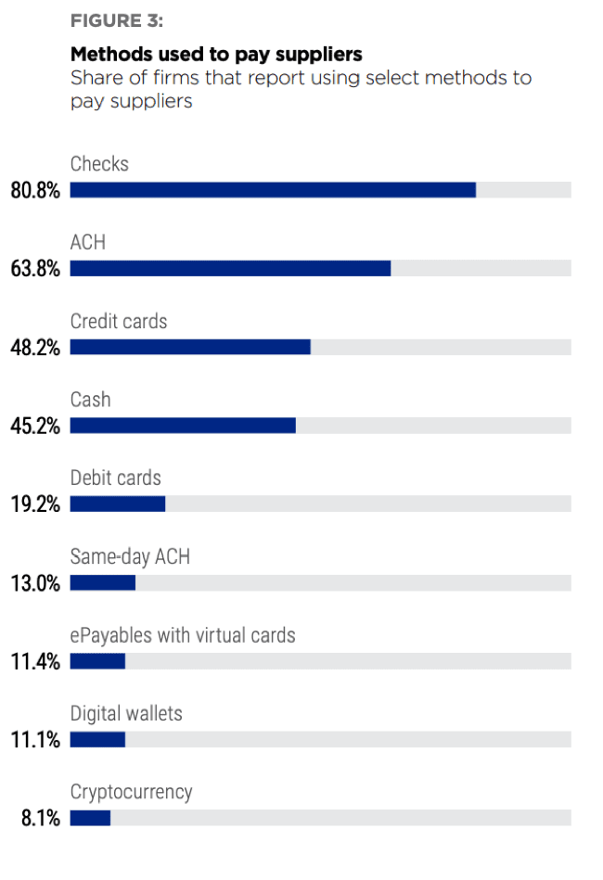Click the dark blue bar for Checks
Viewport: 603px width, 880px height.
pyautogui.click(x=273, y=190)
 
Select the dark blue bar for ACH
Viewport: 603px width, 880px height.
pyautogui.click(x=230, y=269)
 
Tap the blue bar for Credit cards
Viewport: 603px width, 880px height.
pyautogui.click(x=190, y=347)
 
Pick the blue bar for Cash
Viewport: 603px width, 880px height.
pyautogui.click(x=183, y=426)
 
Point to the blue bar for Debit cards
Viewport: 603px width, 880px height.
pyautogui.click(x=118, y=504)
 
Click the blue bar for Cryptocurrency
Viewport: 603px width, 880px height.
pyautogui.click(x=90, y=818)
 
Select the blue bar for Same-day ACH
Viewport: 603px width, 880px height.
pyautogui.click(x=103, y=583)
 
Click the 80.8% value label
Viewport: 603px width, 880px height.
pyautogui.click(x=35, y=191)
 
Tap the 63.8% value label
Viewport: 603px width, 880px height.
pyautogui.click(x=35, y=270)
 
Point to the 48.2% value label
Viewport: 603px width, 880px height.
pyautogui.click(x=35, y=348)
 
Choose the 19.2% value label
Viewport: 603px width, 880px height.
pyautogui.click(x=35, y=505)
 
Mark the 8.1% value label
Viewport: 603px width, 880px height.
pyautogui.click(x=40, y=819)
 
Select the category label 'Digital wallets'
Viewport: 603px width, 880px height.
pyautogui.click(x=126, y=713)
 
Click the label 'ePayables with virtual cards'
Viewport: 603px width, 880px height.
pyautogui.click(x=183, y=635)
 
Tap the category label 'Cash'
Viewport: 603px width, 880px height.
pyautogui.click(x=90, y=400)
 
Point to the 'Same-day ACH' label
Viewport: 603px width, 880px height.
pyautogui.click(x=130, y=556)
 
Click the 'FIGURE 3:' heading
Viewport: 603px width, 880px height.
pyautogui.click(x=116, y=21)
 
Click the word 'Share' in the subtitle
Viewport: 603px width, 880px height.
pyautogui.click(x=96, y=77)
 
